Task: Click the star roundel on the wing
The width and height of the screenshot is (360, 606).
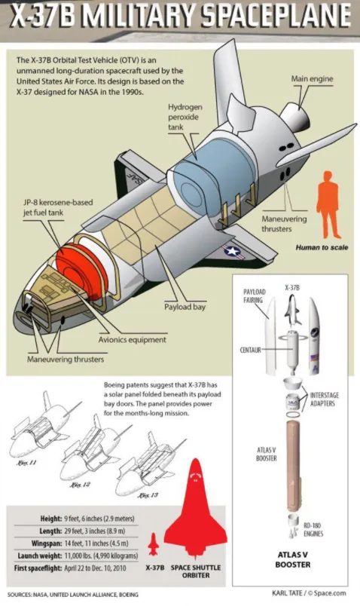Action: (233, 252)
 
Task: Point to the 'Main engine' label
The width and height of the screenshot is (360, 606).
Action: (312, 79)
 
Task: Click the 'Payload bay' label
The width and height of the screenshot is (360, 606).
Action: (185, 307)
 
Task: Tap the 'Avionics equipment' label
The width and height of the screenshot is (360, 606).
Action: (132, 340)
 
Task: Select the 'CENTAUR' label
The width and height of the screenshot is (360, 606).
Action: (250, 350)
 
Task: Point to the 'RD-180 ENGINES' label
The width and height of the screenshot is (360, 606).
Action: (313, 529)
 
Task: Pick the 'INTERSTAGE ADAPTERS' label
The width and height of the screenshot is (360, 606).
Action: (325, 399)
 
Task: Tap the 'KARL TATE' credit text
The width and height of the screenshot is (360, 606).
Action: (287, 593)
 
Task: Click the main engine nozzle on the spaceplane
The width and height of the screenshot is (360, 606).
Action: (294, 117)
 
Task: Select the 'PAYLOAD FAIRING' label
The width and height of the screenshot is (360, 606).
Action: (254, 295)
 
